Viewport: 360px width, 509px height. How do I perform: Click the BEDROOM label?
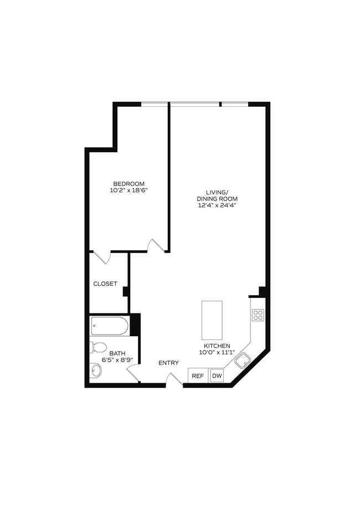(x=128, y=184)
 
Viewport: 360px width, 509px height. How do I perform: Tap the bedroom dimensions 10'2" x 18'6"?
(x=128, y=191)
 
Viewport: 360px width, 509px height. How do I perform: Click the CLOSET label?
(x=105, y=284)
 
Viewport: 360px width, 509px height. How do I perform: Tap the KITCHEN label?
(x=214, y=346)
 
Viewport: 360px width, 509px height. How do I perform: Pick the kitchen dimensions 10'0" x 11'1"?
(x=214, y=352)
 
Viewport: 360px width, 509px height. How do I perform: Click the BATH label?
(x=117, y=353)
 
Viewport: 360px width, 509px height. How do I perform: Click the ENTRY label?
(x=168, y=363)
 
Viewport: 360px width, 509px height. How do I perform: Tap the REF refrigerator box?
(x=198, y=376)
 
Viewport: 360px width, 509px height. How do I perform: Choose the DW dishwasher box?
(x=217, y=376)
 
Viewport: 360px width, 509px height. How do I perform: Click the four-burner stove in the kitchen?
(x=258, y=315)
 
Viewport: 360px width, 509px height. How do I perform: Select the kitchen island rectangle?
(x=212, y=320)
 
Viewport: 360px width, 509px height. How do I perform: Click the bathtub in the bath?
(x=109, y=326)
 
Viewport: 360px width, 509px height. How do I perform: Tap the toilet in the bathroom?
(x=98, y=347)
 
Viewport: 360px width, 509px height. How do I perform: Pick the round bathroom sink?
(x=96, y=370)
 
